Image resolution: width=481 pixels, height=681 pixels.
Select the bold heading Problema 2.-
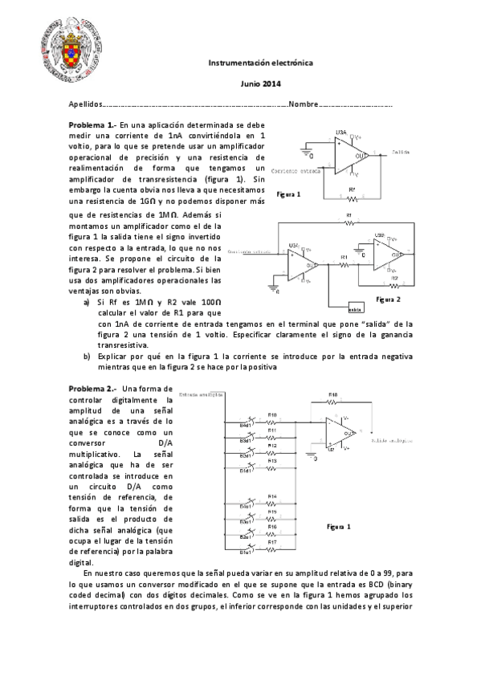(92, 389)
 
